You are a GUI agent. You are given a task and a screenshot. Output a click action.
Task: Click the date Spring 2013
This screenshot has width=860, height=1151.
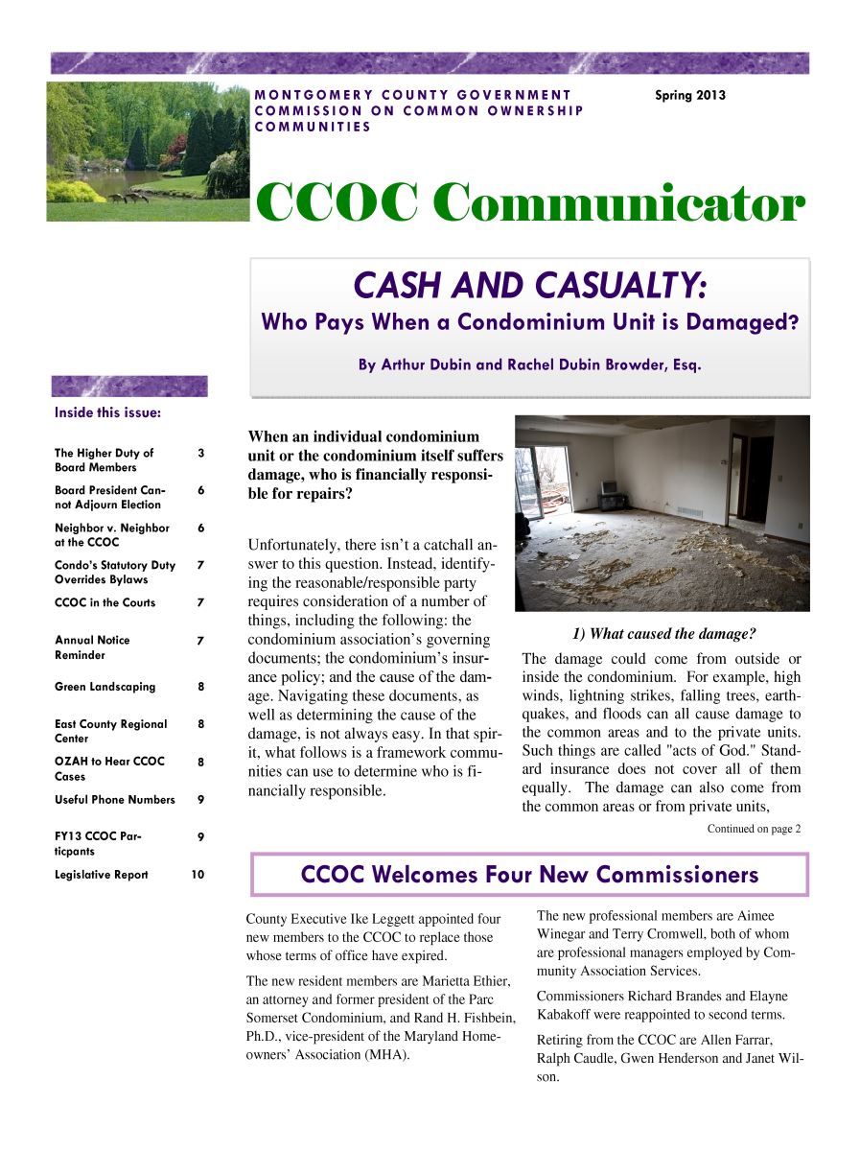pos(689,96)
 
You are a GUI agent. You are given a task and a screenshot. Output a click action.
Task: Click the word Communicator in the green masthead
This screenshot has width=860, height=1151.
pos(617,204)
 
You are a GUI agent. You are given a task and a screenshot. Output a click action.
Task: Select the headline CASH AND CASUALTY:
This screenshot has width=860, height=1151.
pos(530,286)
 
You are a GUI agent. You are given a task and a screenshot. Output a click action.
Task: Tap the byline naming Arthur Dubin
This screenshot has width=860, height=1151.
pos(530,365)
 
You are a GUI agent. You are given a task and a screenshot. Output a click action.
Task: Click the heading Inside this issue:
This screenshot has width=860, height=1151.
pos(107,413)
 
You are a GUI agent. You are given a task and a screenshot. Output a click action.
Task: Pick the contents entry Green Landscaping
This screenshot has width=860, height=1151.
pos(105,687)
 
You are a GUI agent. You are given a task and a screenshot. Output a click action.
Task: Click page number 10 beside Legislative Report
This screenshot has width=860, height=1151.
pos(197,875)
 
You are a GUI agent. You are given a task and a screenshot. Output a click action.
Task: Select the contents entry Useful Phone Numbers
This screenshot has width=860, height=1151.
pos(115,800)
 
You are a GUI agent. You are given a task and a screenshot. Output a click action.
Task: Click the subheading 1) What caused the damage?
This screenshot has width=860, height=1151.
pos(663,634)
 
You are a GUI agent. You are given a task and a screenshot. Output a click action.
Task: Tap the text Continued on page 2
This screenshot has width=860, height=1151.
pos(754,829)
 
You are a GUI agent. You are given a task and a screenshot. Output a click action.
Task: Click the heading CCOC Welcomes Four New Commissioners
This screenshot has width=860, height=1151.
pos(529,875)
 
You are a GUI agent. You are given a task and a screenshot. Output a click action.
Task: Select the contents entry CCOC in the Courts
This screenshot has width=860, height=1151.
pos(105,603)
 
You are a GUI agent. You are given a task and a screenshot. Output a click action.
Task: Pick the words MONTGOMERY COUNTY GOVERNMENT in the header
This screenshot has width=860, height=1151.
pos(413,95)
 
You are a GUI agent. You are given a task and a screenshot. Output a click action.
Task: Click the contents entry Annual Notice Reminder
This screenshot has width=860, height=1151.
pos(92,647)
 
